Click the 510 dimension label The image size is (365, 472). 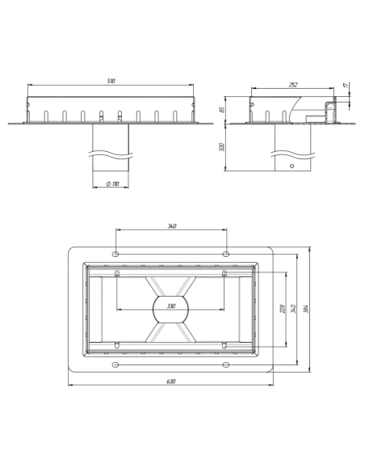[x=111, y=81]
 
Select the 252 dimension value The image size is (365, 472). [x=293, y=85]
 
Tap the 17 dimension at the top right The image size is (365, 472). [x=346, y=85]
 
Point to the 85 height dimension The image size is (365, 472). [x=222, y=110]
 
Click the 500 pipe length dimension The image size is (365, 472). [x=222, y=147]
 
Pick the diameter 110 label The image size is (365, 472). [x=113, y=183]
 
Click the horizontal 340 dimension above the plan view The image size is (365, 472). [x=172, y=226]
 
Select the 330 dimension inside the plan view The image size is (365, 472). [x=170, y=306]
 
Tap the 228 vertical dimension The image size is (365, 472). [x=283, y=309]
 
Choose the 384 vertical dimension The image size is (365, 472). [x=306, y=310]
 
